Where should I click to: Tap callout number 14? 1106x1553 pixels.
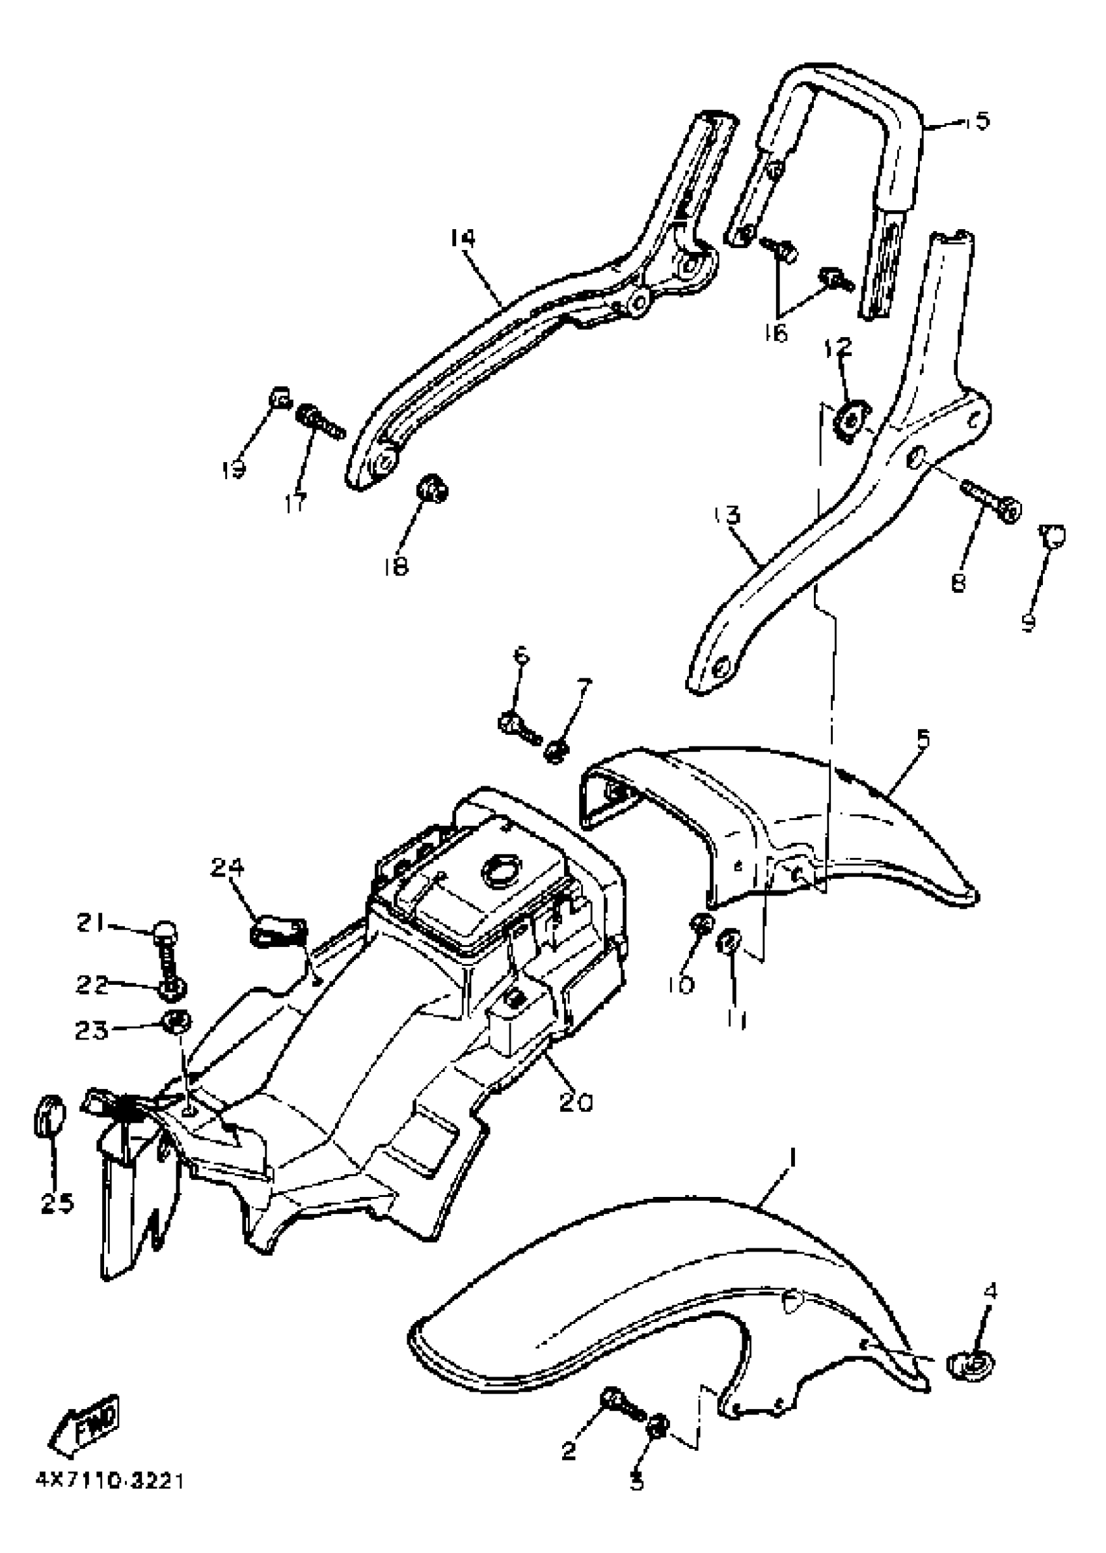tap(463, 238)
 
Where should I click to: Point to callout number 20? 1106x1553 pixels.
tap(576, 1101)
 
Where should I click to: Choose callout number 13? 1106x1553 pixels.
tap(728, 514)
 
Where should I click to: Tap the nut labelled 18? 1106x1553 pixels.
tap(432, 488)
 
